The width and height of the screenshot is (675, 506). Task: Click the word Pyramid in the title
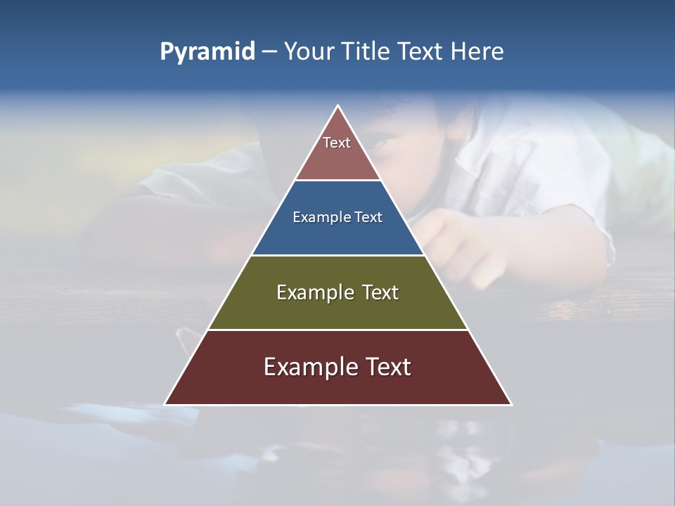[x=207, y=52]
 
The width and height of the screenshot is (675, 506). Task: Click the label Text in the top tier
[x=337, y=143]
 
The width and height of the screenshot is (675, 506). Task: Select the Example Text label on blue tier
[x=337, y=217]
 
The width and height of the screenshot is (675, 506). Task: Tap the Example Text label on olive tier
[x=337, y=292]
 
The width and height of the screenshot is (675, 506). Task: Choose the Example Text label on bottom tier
[x=337, y=367]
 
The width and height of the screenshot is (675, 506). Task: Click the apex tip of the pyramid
[x=338, y=106]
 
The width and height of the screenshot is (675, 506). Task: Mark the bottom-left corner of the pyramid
[x=165, y=404]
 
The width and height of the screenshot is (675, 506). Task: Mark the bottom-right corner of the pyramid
[x=511, y=404]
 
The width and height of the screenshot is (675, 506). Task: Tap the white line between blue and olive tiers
[x=337, y=255]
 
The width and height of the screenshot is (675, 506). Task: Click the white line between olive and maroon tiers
[x=337, y=330]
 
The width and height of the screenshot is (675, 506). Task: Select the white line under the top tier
[x=337, y=181]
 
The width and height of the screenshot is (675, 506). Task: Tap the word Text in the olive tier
[x=380, y=292]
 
